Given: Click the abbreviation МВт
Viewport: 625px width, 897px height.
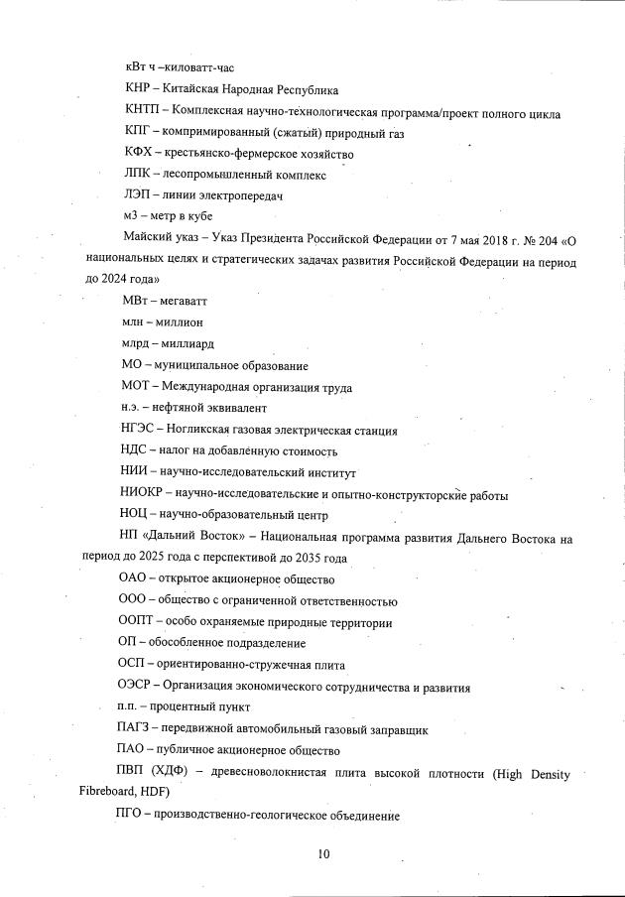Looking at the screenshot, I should click(x=136, y=300).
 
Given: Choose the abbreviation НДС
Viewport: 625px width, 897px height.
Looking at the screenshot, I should click(x=136, y=451).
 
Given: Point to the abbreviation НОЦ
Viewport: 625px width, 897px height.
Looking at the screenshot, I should click(x=136, y=515).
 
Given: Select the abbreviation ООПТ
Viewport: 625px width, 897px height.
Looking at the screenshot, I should click(x=139, y=622).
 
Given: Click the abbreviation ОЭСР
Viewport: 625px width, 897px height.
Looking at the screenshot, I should click(x=139, y=687).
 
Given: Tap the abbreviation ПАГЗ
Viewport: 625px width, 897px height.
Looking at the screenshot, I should click(x=139, y=729).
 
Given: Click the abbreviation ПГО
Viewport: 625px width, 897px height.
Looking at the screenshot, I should click(x=135, y=815).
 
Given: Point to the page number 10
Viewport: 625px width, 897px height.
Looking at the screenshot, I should click(x=323, y=853).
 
